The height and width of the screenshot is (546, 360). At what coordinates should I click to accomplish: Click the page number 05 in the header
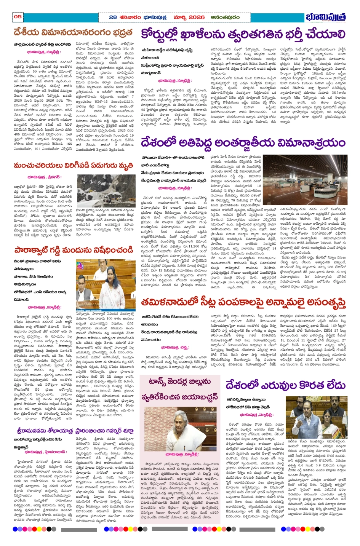tap(18, 17)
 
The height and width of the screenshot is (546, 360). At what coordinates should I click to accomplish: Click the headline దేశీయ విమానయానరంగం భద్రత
tap(73, 32)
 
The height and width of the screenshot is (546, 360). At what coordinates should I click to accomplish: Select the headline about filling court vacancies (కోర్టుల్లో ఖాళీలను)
tap(243, 34)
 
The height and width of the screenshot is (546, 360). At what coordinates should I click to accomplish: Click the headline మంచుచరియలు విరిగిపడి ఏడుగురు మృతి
tap(73, 166)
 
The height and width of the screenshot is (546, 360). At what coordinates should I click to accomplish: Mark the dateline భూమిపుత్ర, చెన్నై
tap(175, 347)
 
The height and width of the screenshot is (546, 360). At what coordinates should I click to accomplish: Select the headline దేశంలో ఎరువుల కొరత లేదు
tap(285, 385)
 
